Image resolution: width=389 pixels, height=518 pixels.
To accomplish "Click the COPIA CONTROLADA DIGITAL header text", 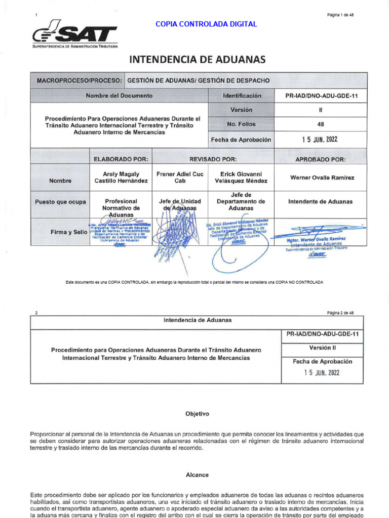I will (x=206, y=24).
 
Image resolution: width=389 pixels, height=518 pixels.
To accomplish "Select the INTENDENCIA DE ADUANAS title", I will (x=198, y=60).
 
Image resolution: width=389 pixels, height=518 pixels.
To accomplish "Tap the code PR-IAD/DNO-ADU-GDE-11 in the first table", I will (x=320, y=96).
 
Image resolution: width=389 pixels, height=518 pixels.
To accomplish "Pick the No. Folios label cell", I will (x=242, y=124).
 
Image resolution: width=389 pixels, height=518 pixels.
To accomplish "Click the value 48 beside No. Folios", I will (x=320, y=124).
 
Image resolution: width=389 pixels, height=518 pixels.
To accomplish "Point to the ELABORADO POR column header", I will (x=121, y=159).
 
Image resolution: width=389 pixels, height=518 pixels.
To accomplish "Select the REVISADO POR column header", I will (x=213, y=159).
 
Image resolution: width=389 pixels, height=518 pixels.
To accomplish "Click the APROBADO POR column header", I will (x=320, y=159).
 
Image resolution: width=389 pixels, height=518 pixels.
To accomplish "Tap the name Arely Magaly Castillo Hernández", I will (x=121, y=177).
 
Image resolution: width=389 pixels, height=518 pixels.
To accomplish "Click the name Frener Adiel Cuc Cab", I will (x=180, y=177).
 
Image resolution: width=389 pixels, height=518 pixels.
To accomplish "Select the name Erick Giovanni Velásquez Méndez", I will (x=241, y=177).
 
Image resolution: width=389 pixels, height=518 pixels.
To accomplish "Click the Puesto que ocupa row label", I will (x=60, y=202).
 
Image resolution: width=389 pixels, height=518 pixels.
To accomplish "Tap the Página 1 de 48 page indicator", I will (x=340, y=15).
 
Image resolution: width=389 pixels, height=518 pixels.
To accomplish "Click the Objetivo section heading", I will (x=197, y=414).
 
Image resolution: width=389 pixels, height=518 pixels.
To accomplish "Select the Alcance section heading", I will (x=197, y=475).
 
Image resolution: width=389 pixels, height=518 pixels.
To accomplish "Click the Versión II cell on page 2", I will (x=322, y=348).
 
